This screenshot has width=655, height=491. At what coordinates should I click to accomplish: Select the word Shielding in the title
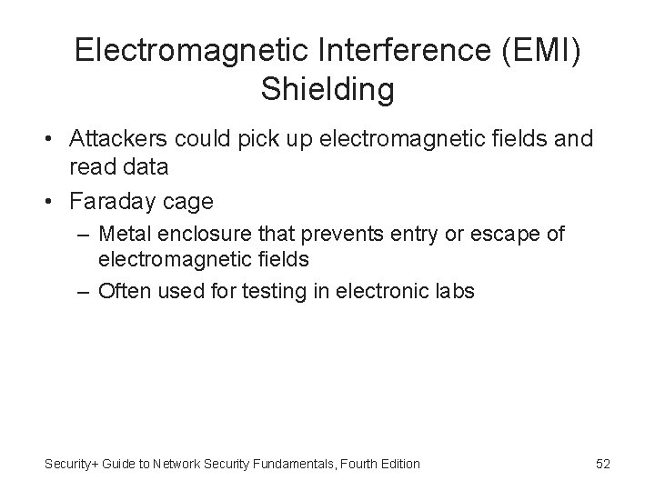327,89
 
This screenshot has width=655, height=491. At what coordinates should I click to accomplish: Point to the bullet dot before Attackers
53,141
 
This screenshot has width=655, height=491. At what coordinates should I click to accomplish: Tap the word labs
453,292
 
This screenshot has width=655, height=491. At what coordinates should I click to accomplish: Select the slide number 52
602,464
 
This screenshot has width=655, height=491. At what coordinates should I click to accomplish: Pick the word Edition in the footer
397,464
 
